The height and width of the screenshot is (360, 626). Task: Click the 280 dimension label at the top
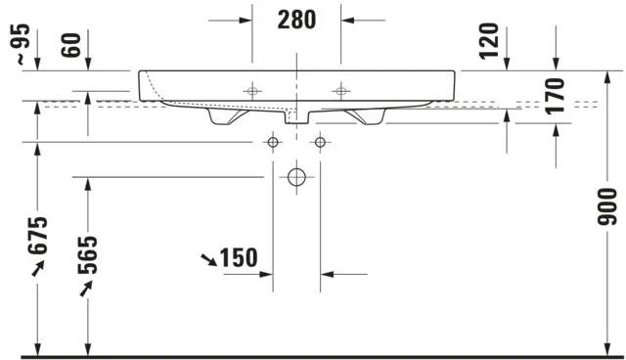(297, 19)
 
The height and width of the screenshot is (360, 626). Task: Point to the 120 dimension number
(491, 40)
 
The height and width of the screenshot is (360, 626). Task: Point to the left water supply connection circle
(273, 143)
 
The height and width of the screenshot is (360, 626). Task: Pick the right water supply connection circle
(320, 143)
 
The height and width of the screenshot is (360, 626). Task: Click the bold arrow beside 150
(208, 259)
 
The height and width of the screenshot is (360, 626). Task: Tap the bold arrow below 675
(37, 270)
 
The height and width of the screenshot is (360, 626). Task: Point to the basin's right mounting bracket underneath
(368, 115)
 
